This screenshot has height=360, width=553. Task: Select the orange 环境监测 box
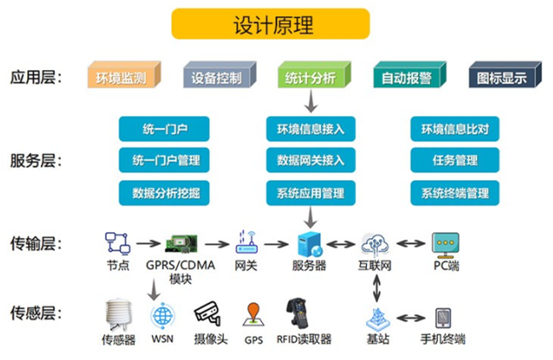[x=120, y=78]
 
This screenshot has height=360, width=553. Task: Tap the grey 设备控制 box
[x=216, y=78]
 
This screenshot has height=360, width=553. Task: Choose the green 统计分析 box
[x=311, y=78]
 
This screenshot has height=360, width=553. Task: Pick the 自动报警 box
[x=406, y=78]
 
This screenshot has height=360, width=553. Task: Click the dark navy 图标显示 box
[x=502, y=78]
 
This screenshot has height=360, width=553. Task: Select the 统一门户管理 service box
[x=165, y=160]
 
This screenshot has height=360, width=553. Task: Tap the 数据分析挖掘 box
[x=165, y=191]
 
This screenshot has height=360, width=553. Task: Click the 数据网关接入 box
[x=311, y=160]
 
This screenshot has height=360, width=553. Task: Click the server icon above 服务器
[x=308, y=244]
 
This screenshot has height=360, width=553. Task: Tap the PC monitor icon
[x=445, y=244]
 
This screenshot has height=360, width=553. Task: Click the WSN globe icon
[x=161, y=316]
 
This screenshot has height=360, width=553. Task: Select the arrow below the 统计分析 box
[x=311, y=102]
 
